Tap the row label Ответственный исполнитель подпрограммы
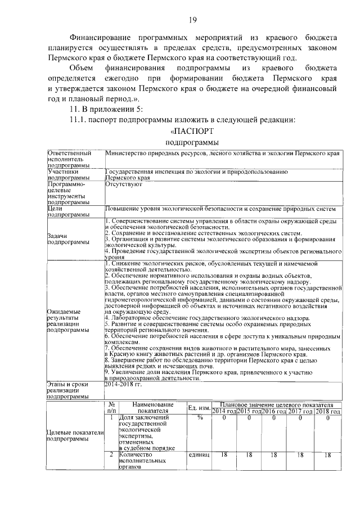69,159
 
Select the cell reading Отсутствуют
121,183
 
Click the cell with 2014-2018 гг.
123,385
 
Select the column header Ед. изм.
199,407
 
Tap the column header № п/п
111,407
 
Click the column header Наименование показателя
152,407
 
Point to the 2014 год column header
223,411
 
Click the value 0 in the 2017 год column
301,418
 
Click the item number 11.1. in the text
78,119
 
